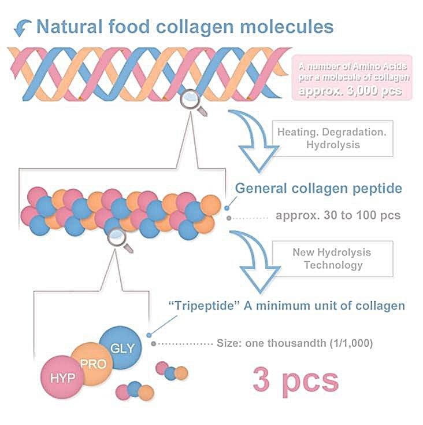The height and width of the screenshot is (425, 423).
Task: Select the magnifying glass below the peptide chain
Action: (x=119, y=237)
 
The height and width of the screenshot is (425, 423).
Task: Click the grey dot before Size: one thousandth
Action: (x=153, y=343)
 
